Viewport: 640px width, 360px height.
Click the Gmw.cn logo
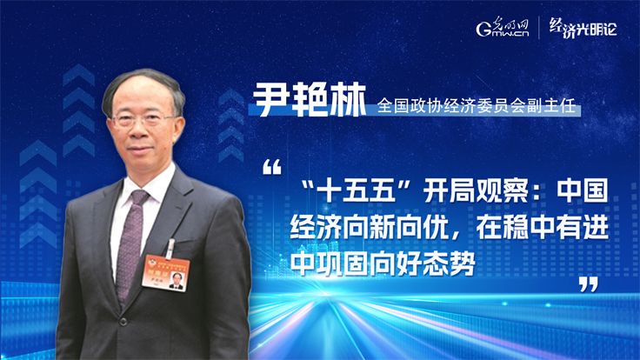coord(503,27)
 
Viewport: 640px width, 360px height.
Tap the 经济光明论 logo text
coord(583,28)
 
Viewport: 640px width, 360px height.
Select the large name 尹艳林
coord(310,100)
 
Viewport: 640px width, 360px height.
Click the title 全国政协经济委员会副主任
coord(476,106)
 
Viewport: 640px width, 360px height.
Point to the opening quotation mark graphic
coord(272,167)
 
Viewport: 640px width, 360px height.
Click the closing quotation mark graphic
coord(589,284)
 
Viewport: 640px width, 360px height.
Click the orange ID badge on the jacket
coord(165,272)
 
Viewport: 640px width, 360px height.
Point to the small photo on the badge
coord(176,281)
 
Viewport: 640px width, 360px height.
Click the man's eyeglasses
coord(143,120)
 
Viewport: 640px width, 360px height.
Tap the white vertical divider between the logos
coord(539,27)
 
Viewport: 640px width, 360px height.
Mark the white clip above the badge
coord(170,248)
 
